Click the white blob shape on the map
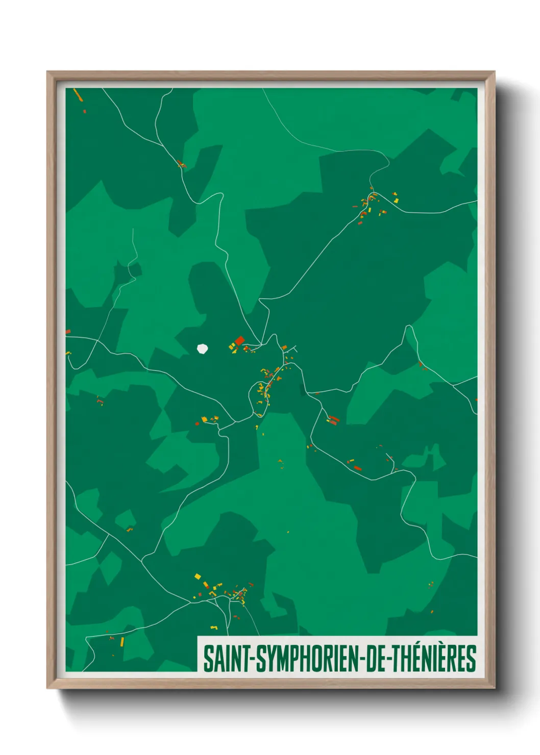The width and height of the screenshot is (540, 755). click(x=203, y=349)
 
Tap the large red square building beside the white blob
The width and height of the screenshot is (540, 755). click(x=239, y=340)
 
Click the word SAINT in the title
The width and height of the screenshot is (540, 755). click(x=225, y=659)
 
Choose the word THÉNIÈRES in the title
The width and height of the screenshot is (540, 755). click(x=434, y=659)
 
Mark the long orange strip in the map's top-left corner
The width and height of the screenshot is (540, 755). click(x=78, y=95)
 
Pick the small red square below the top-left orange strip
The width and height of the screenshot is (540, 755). click(x=85, y=110)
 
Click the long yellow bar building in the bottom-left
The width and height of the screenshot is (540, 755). click(x=122, y=641)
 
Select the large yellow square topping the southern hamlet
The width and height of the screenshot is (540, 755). click(x=198, y=576)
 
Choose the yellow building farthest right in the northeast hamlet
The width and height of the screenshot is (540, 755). click(x=396, y=200)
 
